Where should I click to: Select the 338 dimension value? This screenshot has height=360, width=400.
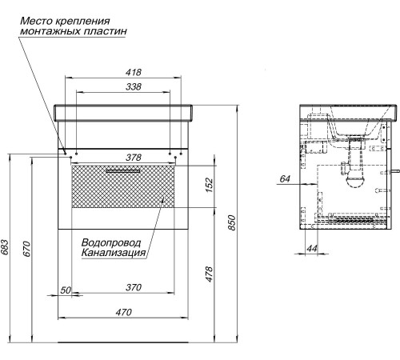point(122,87)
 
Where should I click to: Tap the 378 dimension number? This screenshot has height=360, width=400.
point(122,158)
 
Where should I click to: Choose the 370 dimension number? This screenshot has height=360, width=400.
point(122,287)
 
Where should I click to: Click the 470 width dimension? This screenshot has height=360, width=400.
point(122,313)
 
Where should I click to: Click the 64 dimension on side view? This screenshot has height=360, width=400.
point(285,179)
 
